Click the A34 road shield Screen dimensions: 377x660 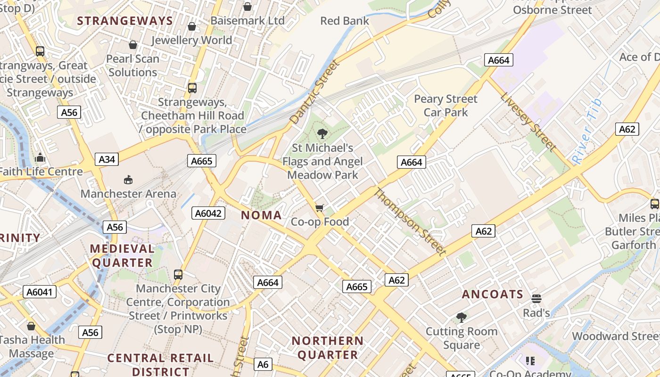tap(107, 159)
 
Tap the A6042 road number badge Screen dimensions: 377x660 tap(208, 213)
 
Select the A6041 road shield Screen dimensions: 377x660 tap(40, 292)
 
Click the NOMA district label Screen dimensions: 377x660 tap(261, 215)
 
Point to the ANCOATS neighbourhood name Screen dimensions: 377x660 tap(493, 295)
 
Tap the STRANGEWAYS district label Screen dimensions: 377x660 tap(125, 21)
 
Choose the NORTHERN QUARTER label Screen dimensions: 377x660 tap(327, 347)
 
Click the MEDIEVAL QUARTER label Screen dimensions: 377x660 tap(122, 255)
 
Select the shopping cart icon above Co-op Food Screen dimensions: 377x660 tap(320, 208)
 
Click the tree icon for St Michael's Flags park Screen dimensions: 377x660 tap(322, 134)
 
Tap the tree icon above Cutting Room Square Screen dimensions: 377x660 tap(462, 318)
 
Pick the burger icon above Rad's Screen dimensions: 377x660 tap(536, 298)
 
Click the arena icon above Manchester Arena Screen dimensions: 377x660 tap(128, 180)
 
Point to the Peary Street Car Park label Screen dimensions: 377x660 tap(445, 106)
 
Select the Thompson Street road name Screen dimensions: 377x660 tap(410, 221)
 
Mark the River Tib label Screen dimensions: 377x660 tap(587, 131)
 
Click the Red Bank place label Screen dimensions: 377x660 tap(345, 21)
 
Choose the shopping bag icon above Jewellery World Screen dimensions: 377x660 tap(191, 26)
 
